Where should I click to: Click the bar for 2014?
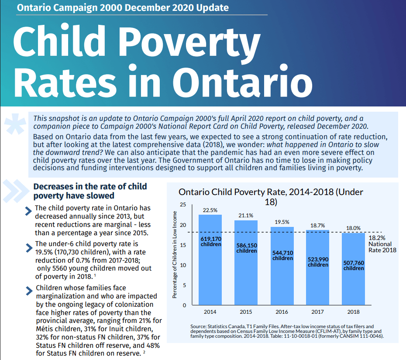(x=210, y=260)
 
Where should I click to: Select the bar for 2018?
(x=353, y=269)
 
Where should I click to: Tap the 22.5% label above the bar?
(x=210, y=210)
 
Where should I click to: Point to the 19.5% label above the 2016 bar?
(x=282, y=222)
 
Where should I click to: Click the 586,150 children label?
(x=247, y=248)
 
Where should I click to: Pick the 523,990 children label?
(x=318, y=262)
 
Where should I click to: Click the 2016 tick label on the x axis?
(x=282, y=312)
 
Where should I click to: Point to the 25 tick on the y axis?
(x=183, y=205)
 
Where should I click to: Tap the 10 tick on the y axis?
(x=183, y=265)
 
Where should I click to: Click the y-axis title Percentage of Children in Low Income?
(x=175, y=255)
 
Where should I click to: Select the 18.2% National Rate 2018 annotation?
(x=382, y=244)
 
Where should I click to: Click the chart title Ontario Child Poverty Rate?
(x=271, y=197)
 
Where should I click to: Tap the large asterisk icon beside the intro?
(x=15, y=124)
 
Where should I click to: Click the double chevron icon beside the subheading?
(x=16, y=191)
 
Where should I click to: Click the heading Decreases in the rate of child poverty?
(x=90, y=191)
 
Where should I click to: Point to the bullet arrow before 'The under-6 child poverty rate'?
(x=29, y=248)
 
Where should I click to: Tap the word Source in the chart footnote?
(x=198, y=326)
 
